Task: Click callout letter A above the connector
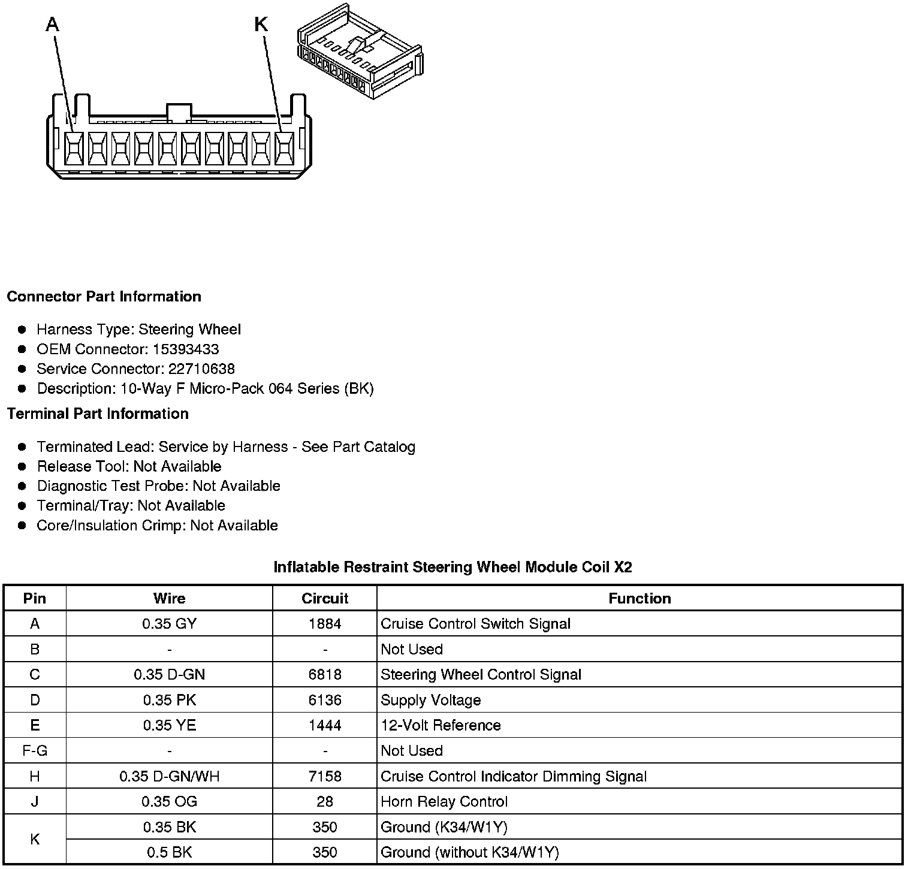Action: (53, 25)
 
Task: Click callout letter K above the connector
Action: (261, 25)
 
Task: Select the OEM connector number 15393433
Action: (186, 349)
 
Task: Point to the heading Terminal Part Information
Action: (98, 414)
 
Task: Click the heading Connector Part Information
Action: (104, 297)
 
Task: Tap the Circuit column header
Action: (325, 599)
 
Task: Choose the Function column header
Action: (639, 599)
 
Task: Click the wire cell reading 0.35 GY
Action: (169, 624)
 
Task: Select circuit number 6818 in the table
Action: (325, 675)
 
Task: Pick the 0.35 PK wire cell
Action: (169, 700)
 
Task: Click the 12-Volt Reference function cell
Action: (441, 726)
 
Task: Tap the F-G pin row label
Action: (35, 751)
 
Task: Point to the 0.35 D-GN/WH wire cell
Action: (169, 777)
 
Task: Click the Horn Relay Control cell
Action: (444, 802)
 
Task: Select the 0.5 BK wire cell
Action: (169, 853)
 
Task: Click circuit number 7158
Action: (325, 777)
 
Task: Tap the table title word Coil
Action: (596, 567)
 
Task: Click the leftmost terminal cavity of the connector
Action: (74, 149)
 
